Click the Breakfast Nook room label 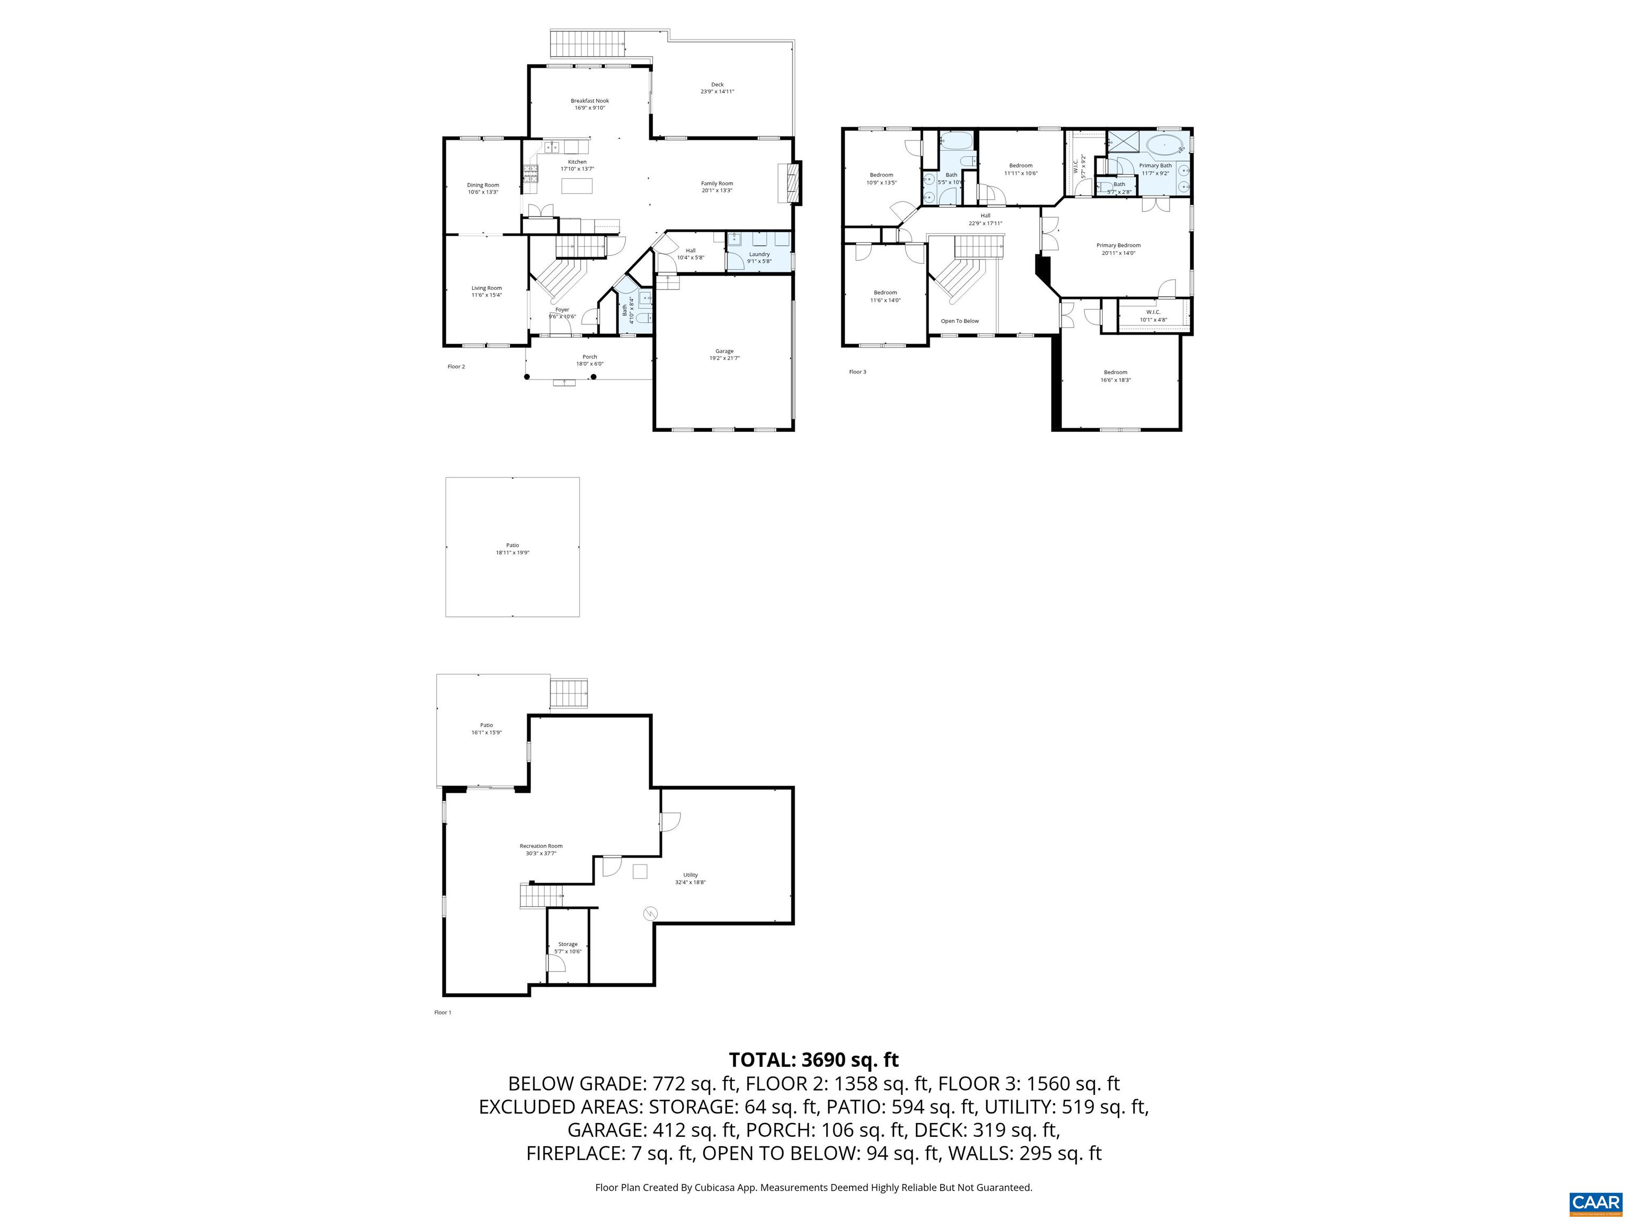point(589,101)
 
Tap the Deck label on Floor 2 point(717,85)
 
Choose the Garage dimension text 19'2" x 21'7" point(724,358)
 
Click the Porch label point(589,357)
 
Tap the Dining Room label point(483,185)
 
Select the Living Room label point(486,288)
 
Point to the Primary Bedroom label point(1118,246)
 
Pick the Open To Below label point(960,321)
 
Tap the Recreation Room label point(541,846)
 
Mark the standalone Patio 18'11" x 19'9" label point(512,545)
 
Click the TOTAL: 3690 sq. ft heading point(813,1060)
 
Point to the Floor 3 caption point(857,371)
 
